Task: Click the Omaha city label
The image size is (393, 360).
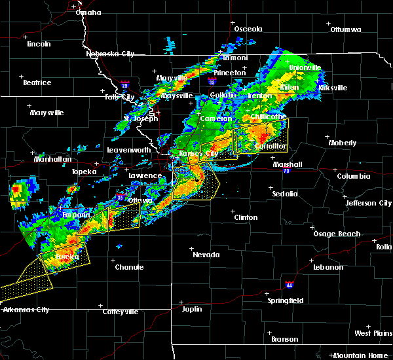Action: point(88,12)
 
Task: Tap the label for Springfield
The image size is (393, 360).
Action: point(285,300)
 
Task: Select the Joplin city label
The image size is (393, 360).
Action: point(192,308)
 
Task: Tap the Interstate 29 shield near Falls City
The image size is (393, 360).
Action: point(124,84)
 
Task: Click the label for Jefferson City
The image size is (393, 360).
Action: point(369,203)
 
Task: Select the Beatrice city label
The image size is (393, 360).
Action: point(37,82)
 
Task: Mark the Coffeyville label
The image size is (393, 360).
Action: point(120,312)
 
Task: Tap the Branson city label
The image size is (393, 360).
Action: point(284,339)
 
